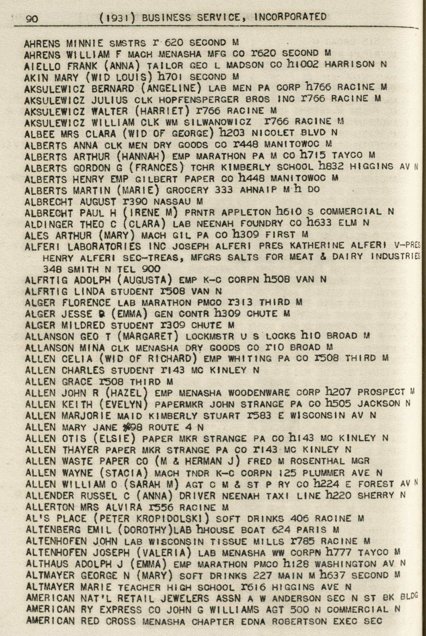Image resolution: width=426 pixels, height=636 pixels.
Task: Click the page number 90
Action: click(x=32, y=19)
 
